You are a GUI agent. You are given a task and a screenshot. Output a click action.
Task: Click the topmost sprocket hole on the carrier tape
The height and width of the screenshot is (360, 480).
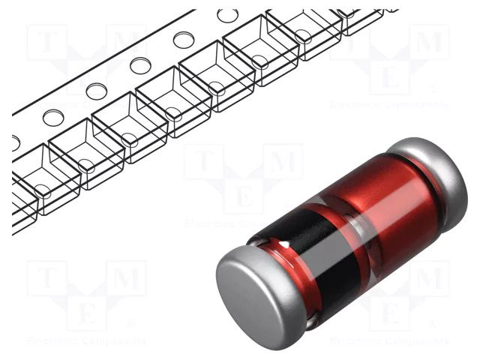click(x=227, y=15)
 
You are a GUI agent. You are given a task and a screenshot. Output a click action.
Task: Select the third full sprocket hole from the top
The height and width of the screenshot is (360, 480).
click(x=140, y=65)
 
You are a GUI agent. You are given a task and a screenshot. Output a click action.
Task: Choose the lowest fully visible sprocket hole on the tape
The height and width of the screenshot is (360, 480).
click(x=53, y=117)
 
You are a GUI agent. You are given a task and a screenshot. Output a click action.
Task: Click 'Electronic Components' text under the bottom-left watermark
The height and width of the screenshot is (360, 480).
click(x=86, y=340)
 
